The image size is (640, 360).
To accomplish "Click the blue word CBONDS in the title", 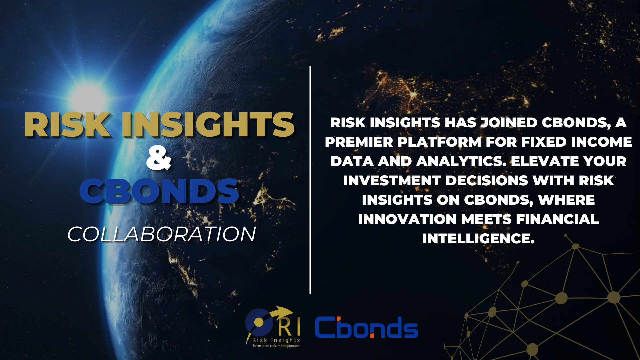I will [159, 191].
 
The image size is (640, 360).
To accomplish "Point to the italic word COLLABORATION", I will [162, 234].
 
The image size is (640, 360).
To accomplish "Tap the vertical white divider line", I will [310, 180].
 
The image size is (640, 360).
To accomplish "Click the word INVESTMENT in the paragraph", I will [392, 181].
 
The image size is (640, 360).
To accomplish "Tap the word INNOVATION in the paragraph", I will [407, 219].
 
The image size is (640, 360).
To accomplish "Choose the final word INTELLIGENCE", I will [478, 239].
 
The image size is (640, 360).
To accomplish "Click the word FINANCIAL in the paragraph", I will [557, 219].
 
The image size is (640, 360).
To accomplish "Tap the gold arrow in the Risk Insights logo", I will [282, 313].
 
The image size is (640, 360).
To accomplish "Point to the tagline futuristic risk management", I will [276, 346].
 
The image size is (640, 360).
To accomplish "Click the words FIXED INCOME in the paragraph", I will [576, 142].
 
